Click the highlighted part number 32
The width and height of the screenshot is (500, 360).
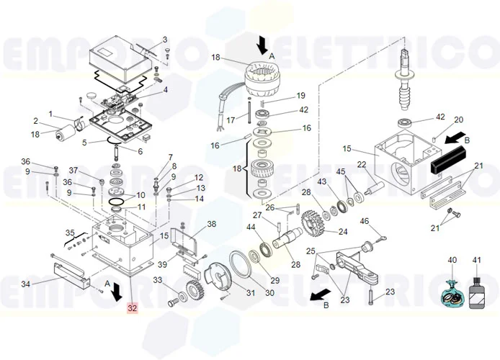(131, 308)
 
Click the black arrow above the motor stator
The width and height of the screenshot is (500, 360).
(262, 45)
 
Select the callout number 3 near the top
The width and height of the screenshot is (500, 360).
(164, 39)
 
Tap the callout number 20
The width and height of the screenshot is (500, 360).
(458, 120)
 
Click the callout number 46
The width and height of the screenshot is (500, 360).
(364, 221)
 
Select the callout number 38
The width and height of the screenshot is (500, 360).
(211, 224)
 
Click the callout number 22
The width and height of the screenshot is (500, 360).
(362, 165)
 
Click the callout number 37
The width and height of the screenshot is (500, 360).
(73, 170)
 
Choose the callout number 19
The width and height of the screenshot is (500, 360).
(301, 95)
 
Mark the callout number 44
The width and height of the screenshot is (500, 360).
(251, 228)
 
